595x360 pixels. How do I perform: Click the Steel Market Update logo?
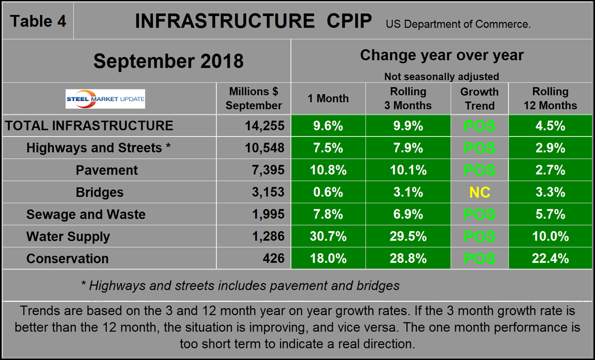[x=105, y=99]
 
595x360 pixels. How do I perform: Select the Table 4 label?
[x=38, y=21]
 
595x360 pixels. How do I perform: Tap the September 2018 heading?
[x=168, y=61]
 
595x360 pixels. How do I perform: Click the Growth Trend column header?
[x=479, y=99]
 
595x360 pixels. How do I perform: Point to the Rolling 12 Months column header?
[x=550, y=99]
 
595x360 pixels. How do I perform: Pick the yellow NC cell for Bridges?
[x=479, y=193]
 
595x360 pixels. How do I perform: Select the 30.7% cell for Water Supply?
[x=328, y=237]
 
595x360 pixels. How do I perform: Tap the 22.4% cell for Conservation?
[x=550, y=259]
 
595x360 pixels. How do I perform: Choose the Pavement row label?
[x=106, y=170]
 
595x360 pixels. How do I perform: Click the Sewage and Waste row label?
[x=86, y=214]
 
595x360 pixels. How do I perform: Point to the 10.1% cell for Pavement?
[x=408, y=170]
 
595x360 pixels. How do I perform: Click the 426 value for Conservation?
[x=274, y=259]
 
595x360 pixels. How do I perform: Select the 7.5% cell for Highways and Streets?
[x=328, y=148]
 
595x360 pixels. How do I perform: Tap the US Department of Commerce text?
[x=458, y=24]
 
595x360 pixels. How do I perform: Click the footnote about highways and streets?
[x=240, y=285]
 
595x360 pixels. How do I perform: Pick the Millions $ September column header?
[x=253, y=99]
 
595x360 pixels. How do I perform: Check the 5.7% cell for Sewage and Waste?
[x=550, y=214]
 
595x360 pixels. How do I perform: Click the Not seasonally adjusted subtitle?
[x=441, y=76]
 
